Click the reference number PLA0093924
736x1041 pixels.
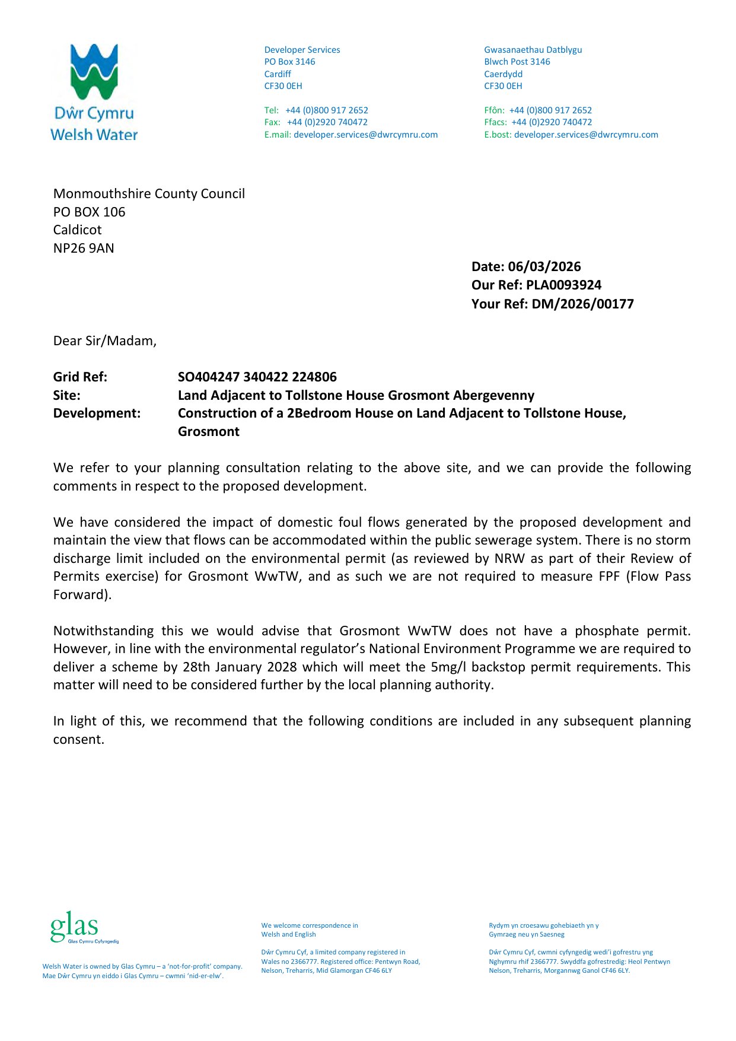click(563, 285)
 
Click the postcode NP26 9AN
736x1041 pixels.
click(84, 249)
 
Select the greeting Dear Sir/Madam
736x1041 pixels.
click(105, 341)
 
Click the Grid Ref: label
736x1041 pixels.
click(80, 377)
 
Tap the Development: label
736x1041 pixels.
click(97, 413)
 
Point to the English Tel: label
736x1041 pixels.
click(271, 110)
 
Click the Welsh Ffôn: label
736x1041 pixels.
click(494, 110)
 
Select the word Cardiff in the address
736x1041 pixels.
click(278, 74)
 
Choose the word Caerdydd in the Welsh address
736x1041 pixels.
click(503, 74)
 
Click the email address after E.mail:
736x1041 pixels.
click(365, 135)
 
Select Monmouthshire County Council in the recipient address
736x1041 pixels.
click(149, 194)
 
